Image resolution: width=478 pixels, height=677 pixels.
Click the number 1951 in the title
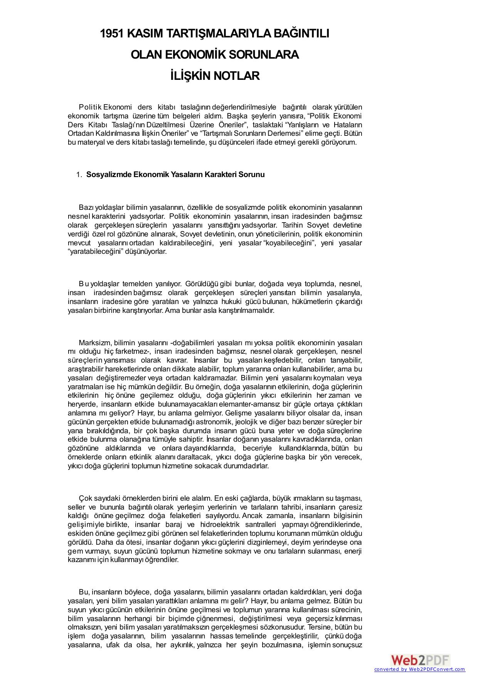click(x=112, y=34)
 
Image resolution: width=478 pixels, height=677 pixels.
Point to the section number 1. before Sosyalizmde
click(x=79, y=175)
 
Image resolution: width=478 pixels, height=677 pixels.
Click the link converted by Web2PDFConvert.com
click(x=419, y=670)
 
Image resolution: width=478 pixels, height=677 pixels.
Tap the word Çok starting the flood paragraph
click(x=84, y=498)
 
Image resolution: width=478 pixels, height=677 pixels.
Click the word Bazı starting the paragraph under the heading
click(x=86, y=208)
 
